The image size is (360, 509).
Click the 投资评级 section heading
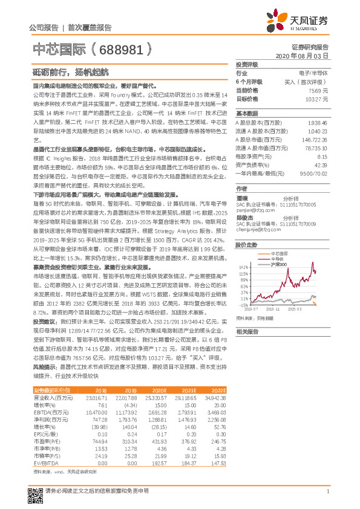[247, 64]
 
